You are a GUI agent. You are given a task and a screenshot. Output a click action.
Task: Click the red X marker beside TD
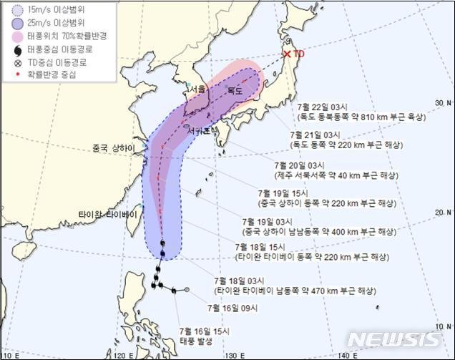coord(287,54)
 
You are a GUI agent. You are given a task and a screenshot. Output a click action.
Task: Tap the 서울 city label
coord(197,89)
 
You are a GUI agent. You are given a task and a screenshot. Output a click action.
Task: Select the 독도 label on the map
coord(235,91)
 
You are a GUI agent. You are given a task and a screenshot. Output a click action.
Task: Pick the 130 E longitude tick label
coord(232,355)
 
